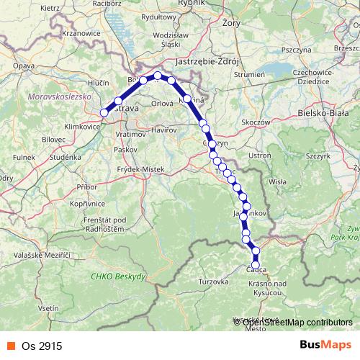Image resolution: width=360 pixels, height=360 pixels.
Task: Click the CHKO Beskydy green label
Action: (119, 276)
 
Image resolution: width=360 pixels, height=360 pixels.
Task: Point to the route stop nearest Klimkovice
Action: (104, 112)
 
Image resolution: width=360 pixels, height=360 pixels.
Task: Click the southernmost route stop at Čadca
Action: (256, 264)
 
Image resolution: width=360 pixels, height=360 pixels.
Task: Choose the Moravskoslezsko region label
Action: (55, 96)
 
